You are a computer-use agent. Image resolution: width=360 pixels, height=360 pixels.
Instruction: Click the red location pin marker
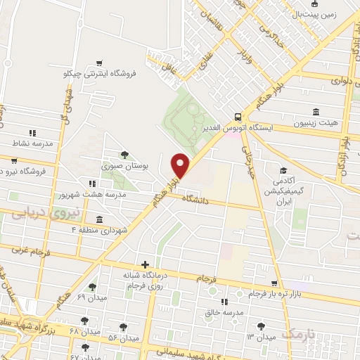click(x=181, y=165)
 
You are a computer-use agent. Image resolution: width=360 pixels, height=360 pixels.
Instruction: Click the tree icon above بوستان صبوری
click(x=124, y=155)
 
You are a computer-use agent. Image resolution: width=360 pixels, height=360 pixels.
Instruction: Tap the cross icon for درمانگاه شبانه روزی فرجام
click(x=145, y=265)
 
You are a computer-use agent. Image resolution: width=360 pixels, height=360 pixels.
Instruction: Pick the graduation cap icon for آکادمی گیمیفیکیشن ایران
click(x=283, y=170)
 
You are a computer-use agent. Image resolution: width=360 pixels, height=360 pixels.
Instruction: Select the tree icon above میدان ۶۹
click(x=92, y=287)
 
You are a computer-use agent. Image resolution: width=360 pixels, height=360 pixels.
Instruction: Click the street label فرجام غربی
click(x=30, y=250)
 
